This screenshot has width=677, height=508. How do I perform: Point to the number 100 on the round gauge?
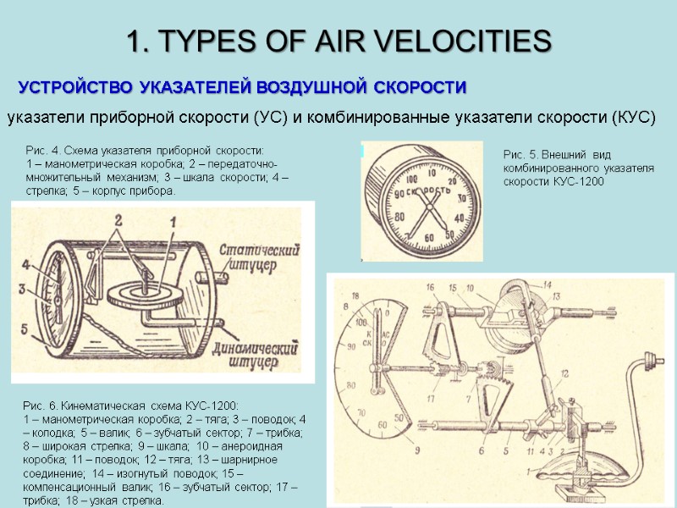412,179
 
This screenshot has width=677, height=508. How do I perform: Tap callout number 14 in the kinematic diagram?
547,284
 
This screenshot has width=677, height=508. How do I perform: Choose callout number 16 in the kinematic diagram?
430,286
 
